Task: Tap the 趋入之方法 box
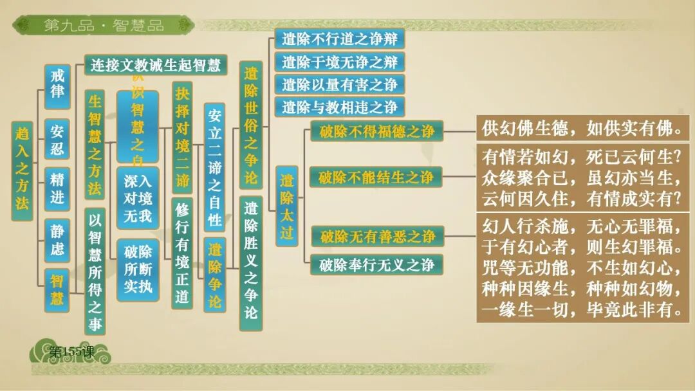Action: tap(22, 170)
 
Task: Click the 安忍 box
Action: tap(57, 140)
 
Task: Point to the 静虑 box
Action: tap(57, 240)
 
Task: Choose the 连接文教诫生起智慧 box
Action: tap(156, 64)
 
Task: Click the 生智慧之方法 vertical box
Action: tap(95, 145)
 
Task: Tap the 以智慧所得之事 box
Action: tap(95, 271)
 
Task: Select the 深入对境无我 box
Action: tap(137, 198)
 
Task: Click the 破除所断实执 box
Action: tap(137, 269)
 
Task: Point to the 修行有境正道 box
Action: tap(183, 253)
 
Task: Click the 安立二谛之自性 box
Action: tap(214, 167)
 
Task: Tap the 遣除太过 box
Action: tap(286, 206)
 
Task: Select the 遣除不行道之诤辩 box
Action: tap(339, 39)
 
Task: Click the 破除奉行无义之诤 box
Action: tap(376, 264)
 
